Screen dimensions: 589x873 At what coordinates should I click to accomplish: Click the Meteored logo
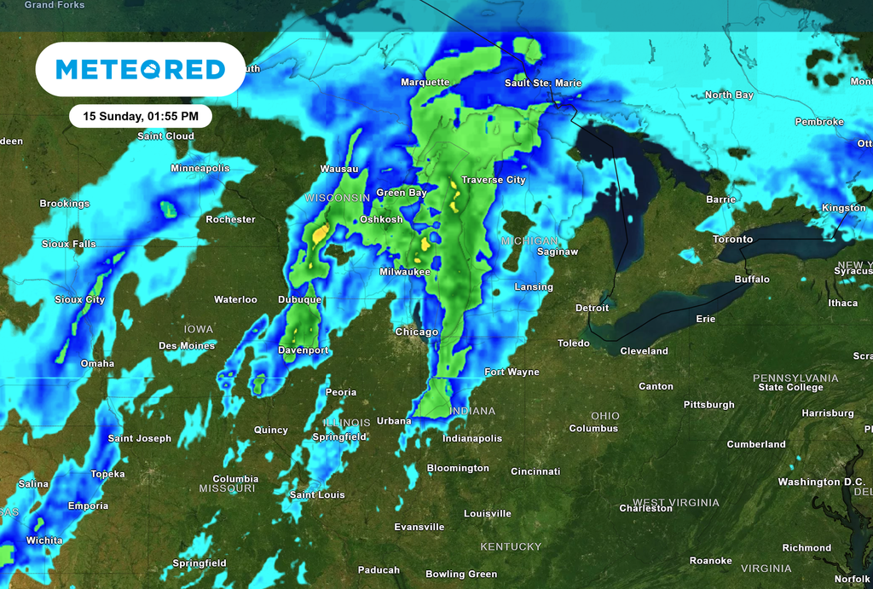coord(141,69)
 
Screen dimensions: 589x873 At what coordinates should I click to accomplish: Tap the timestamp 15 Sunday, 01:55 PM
coord(141,116)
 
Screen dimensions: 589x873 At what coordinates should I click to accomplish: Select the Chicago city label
coord(416,332)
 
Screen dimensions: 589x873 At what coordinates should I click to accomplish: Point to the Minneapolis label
coord(199,168)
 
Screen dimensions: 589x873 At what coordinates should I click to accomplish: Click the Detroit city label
coord(592,308)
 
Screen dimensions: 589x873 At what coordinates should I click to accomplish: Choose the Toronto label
coord(732,240)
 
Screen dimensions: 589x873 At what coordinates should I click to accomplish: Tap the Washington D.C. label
coord(821,482)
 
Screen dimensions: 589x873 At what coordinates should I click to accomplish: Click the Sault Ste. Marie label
coord(543,83)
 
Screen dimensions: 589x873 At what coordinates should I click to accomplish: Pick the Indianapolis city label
coord(471,438)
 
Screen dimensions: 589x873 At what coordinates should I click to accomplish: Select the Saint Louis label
coord(317,494)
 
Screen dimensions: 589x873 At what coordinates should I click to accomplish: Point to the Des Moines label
coord(187,345)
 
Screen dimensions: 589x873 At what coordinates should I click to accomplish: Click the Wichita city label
coord(44,540)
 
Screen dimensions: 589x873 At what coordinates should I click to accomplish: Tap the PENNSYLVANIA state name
coord(795,378)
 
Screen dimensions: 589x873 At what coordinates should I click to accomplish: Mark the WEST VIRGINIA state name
coord(675,502)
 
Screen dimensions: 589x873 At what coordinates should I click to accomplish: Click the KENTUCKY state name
coord(511,546)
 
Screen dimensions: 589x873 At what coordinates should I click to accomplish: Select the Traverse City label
coord(493,180)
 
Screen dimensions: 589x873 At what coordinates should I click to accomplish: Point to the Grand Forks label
coord(55,5)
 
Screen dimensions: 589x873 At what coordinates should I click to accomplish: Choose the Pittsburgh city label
coord(708,405)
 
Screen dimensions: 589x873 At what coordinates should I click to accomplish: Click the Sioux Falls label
coord(69,244)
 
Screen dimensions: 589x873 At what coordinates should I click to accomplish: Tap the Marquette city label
coord(425,82)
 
